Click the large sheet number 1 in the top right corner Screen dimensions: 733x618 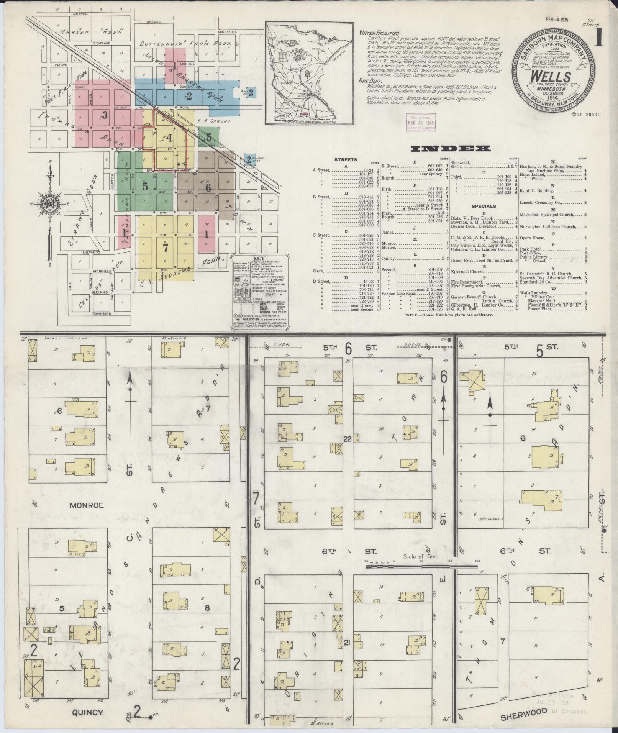[598, 38]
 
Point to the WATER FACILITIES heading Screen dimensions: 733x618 [379, 33]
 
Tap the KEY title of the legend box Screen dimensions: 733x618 [261, 259]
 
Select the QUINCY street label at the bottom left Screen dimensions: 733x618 [87, 712]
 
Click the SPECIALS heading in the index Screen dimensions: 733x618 [484, 206]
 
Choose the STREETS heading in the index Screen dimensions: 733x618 [346, 160]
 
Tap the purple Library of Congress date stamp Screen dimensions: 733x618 [420, 122]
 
